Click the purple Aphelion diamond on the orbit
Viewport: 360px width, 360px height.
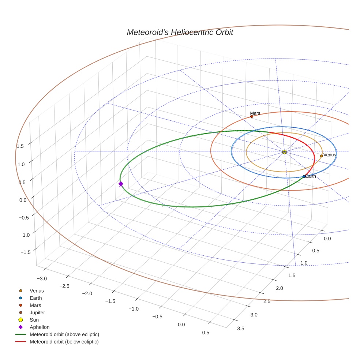[x=121, y=184]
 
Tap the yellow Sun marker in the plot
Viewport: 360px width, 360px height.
[x=284, y=151]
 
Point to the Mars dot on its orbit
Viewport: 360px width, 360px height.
[x=251, y=116]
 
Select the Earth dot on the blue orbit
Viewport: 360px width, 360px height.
[x=304, y=176]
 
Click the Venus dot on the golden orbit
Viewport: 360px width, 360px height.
[x=321, y=156]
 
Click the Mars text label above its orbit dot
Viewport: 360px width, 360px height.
[x=255, y=113]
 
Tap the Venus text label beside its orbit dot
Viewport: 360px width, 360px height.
[x=330, y=155]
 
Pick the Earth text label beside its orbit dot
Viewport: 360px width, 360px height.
[x=311, y=176]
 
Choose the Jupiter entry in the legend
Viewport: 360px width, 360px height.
[x=37, y=312]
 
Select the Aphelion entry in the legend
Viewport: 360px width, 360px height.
[x=40, y=327]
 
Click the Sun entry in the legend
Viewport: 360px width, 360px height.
[x=34, y=320]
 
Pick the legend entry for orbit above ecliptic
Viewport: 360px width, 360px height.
[x=64, y=334]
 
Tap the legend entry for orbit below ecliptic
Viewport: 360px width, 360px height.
[x=64, y=342]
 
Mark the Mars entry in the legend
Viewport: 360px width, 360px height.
[x=35, y=305]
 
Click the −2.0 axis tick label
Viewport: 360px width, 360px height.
[x=87, y=293]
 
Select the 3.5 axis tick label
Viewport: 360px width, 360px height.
[x=241, y=328]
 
